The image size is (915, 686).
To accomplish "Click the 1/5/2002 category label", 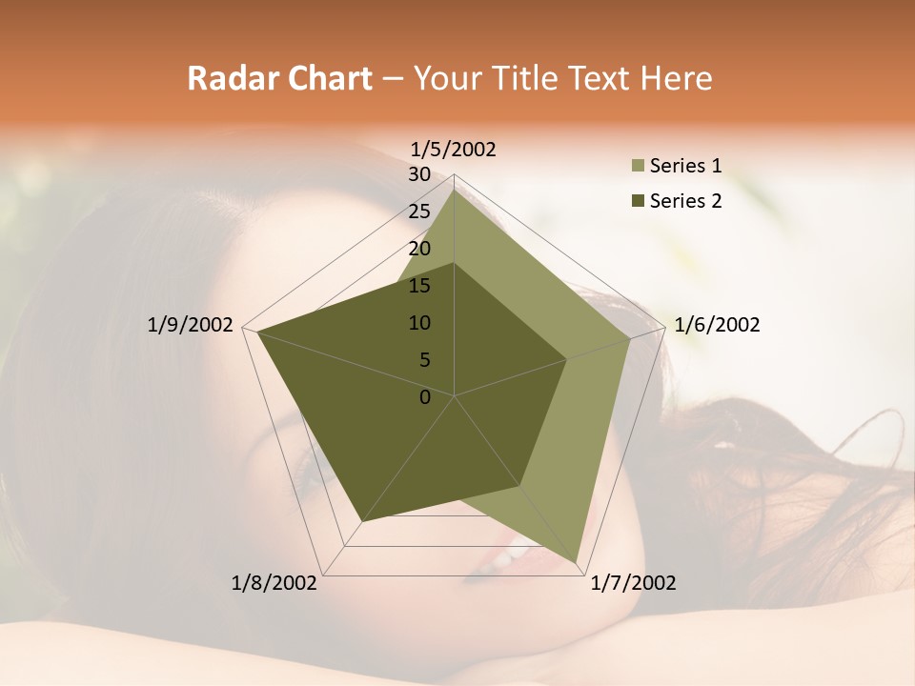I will (x=454, y=150).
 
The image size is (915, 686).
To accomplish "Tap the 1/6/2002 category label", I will (x=717, y=325).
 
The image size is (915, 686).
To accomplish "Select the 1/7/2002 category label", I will (x=633, y=583).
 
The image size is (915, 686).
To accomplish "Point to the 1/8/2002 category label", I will (x=274, y=583).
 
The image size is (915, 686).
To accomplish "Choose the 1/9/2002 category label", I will (x=191, y=325).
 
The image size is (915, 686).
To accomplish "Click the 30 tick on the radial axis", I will (x=419, y=174).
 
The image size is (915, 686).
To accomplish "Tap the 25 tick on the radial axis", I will (x=419, y=212).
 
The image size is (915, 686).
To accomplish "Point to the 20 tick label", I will (x=419, y=249).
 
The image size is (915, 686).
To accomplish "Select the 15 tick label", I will (x=419, y=286).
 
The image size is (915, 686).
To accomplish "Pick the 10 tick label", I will (x=419, y=323).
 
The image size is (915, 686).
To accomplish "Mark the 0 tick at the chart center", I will (x=425, y=397).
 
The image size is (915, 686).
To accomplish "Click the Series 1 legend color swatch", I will (x=638, y=167).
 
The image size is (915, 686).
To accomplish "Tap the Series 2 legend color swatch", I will (x=638, y=201).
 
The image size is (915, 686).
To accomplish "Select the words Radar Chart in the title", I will (x=279, y=78).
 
